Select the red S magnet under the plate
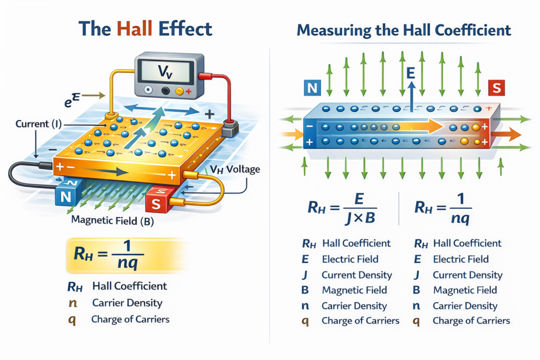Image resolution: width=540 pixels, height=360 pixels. [x=157, y=201]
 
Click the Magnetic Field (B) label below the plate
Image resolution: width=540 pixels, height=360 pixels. [x=112, y=221]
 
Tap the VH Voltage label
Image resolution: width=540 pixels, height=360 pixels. [x=235, y=170]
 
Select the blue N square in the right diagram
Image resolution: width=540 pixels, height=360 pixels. [x=312, y=87]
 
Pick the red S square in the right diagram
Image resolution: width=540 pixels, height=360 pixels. [x=496, y=87]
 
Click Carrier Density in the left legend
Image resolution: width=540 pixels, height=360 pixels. [x=127, y=303]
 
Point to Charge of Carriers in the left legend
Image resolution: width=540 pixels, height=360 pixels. [x=130, y=319]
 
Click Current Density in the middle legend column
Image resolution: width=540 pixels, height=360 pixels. [x=356, y=275]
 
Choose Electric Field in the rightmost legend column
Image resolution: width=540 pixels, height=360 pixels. [x=460, y=259]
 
